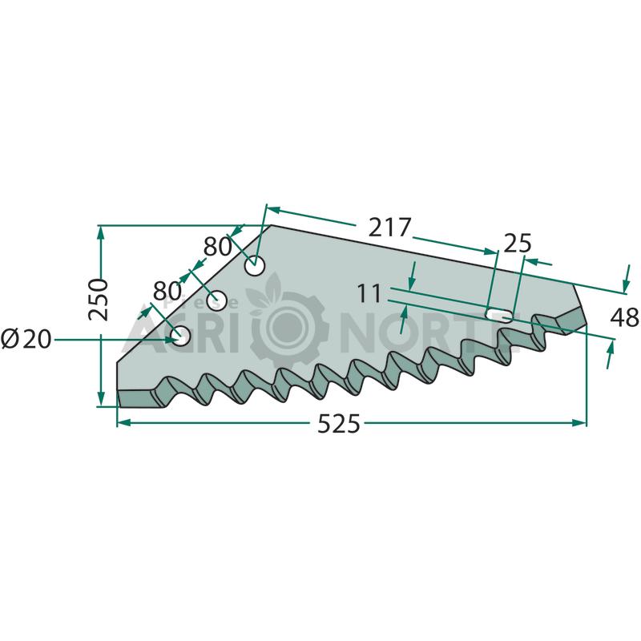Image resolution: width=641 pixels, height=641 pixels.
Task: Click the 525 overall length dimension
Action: [339, 424]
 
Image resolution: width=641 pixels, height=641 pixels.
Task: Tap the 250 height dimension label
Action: [99, 300]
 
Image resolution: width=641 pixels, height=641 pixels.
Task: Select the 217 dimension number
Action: [389, 228]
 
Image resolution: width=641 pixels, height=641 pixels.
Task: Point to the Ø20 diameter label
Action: [26, 339]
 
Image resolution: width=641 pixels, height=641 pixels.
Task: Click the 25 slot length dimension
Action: [518, 244]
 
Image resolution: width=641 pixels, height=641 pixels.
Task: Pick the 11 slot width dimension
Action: [369, 293]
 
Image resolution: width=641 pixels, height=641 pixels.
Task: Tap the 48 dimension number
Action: [625, 317]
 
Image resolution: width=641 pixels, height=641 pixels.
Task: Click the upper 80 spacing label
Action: [217, 247]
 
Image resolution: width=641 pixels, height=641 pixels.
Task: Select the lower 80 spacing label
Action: [167, 291]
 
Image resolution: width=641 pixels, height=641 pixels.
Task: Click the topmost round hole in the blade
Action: [255, 266]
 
